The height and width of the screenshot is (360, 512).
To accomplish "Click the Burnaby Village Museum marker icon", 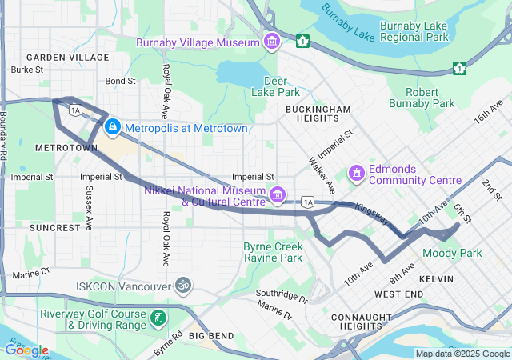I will click(272, 42).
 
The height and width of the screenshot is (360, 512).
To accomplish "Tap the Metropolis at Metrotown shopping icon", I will click(113, 127).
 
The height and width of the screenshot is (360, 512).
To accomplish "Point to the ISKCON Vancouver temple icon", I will click(183, 286).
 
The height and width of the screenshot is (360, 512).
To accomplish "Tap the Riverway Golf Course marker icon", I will click(158, 319).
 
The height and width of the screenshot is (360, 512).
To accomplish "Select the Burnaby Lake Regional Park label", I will click(414, 31).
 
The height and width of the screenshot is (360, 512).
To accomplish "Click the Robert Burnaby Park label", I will click(422, 98).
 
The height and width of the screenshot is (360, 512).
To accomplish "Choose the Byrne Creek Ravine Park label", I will click(273, 252).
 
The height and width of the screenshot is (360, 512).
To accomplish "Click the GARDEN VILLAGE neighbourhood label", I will click(67, 58).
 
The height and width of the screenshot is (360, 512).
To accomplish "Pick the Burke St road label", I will click(27, 70).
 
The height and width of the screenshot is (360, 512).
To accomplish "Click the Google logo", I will click(26, 350).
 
